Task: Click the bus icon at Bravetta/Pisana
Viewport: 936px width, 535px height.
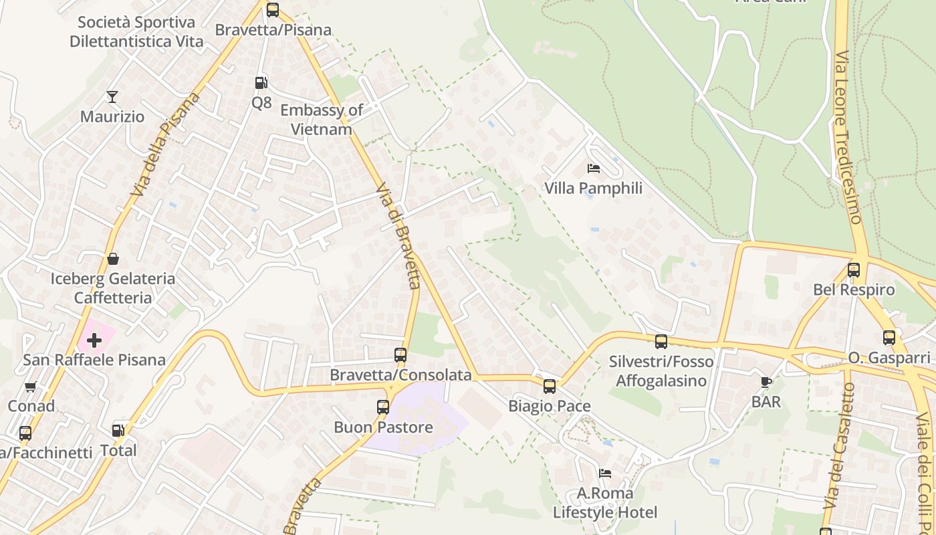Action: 273,10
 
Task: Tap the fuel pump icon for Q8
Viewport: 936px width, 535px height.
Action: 261,83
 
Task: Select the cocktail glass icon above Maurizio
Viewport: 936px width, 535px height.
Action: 112,97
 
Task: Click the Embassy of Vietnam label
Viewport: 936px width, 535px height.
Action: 322,120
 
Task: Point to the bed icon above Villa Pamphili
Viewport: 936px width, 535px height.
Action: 593,169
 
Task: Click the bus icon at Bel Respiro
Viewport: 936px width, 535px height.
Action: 854,270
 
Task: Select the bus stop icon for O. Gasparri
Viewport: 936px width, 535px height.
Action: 889,338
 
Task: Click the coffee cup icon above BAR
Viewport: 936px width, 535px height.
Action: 766,382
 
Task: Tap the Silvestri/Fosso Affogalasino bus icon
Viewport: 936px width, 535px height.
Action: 661,342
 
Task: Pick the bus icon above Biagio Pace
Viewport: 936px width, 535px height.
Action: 550,386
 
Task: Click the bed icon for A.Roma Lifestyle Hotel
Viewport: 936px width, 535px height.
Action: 605,473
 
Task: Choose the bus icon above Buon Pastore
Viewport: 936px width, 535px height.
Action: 383,407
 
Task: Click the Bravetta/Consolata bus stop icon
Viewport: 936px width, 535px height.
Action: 400,355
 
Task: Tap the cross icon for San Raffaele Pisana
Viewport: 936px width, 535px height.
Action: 94,340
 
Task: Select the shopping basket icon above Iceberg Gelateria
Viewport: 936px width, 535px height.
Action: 113,259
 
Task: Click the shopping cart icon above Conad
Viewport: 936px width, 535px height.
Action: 30,387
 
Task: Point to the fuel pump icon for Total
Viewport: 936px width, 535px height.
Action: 118,431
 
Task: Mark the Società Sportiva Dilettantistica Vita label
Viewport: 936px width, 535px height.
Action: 136,31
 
